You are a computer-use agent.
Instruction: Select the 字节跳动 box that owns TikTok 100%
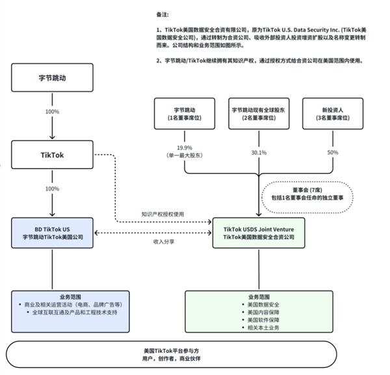pyautogui.click(x=53, y=77)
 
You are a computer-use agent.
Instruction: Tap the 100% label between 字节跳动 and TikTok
pyautogui.click(x=53, y=112)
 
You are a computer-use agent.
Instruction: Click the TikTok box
pyautogui.click(x=53, y=155)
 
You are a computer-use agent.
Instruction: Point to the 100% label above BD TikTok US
pyautogui.click(x=53, y=188)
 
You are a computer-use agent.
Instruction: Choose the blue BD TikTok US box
pyautogui.click(x=53, y=233)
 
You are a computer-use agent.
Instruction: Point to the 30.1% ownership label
pyautogui.click(x=259, y=153)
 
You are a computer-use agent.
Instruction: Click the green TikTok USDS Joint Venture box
pyautogui.click(x=259, y=233)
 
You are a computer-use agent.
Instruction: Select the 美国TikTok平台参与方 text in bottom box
pyautogui.click(x=172, y=350)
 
